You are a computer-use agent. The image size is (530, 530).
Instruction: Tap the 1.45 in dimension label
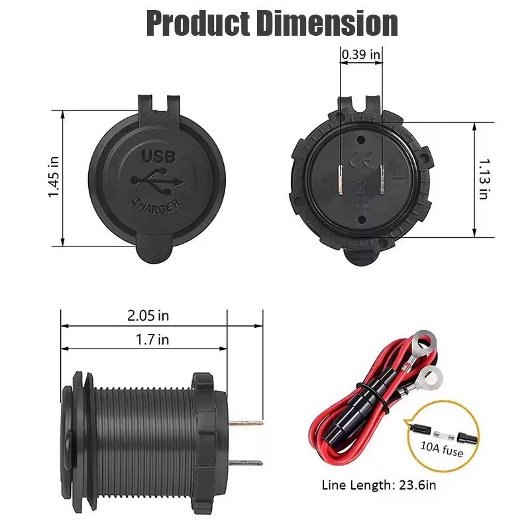(55, 177)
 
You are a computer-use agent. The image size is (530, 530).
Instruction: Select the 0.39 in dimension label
(361, 55)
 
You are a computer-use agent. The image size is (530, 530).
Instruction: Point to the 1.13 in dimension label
(484, 179)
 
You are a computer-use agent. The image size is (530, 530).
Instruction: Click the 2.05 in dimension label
(148, 315)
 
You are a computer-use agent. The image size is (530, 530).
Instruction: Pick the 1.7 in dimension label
(153, 340)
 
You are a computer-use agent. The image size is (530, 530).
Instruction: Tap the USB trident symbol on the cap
(156, 179)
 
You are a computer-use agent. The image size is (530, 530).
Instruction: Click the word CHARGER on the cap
(156, 203)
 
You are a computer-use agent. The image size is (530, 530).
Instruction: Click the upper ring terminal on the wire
(422, 344)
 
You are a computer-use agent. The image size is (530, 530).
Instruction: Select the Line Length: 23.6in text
(378, 485)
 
